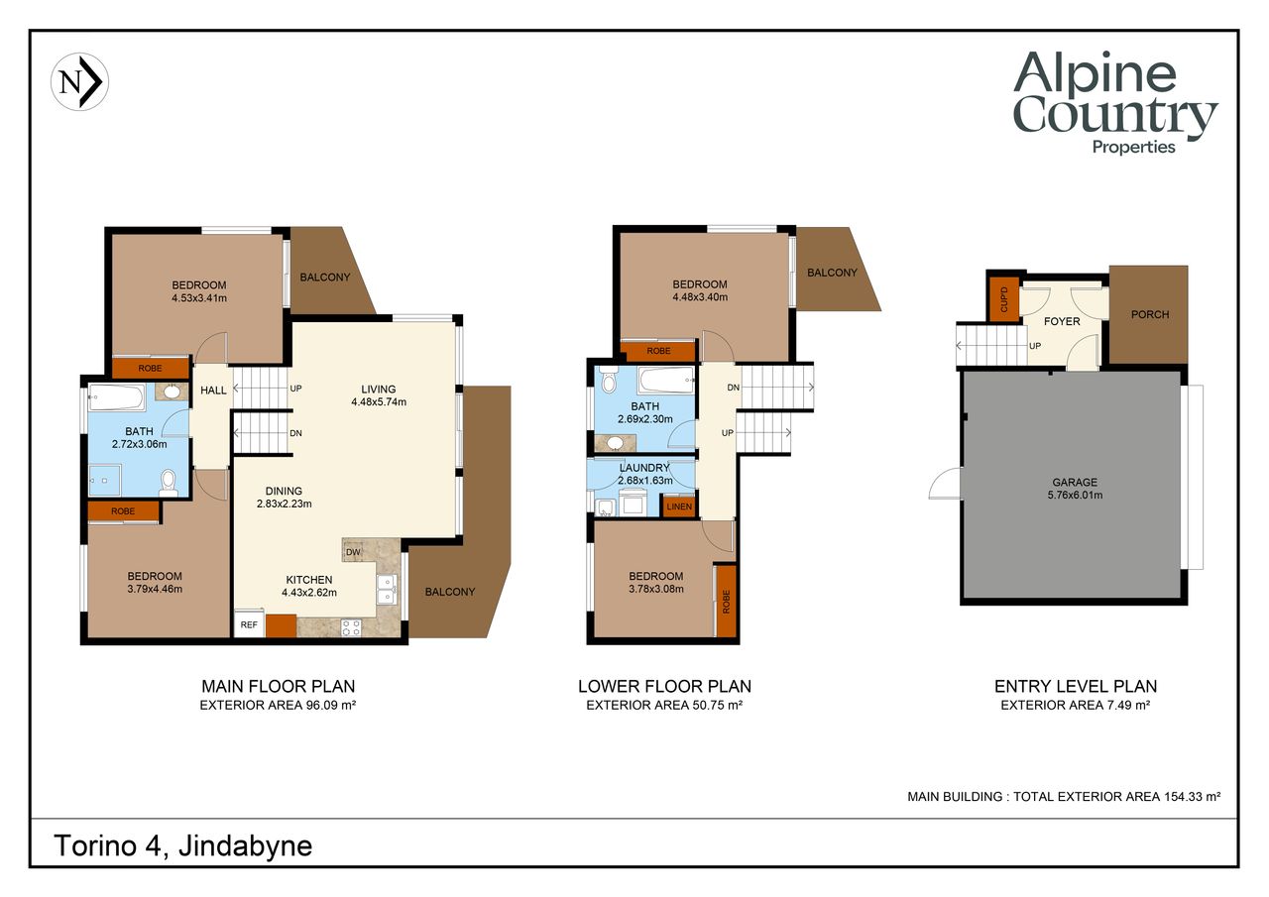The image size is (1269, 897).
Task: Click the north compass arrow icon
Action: (79, 81)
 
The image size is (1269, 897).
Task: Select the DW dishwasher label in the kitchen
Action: (353, 552)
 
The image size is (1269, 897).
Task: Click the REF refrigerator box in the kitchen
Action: (249, 623)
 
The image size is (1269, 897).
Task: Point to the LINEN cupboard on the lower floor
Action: (679, 506)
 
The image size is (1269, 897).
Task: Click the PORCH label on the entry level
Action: (1150, 314)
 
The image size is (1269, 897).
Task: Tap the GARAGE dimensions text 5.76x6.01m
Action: (1075, 495)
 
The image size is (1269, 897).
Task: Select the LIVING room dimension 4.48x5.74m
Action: (379, 402)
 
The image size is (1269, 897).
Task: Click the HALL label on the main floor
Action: (213, 391)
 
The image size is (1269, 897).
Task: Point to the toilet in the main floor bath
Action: (169, 483)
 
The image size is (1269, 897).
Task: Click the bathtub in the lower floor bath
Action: (666, 380)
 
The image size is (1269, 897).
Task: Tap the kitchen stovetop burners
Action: (351, 628)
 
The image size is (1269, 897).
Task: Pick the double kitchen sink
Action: (387, 590)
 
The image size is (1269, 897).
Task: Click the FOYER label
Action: (1062, 322)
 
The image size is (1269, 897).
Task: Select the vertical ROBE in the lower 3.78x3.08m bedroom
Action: (726, 601)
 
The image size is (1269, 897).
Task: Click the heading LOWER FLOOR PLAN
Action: (664, 686)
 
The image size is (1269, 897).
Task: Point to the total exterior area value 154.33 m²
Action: (1192, 797)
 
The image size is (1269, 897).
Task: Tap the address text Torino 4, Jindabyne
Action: (183, 846)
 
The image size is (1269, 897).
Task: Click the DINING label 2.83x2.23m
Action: (284, 498)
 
